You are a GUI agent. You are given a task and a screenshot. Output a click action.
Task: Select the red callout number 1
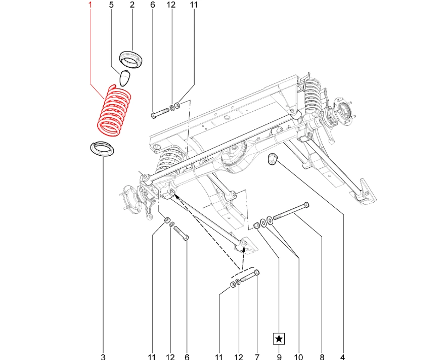tap(91, 5)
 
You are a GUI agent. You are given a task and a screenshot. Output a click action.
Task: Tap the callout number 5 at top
tap(111, 5)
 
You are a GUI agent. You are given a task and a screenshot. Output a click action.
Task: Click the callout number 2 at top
tap(132, 5)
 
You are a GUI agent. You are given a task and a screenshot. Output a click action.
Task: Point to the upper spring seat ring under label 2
tap(132, 59)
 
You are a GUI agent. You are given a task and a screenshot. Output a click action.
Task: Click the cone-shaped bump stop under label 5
tap(125, 78)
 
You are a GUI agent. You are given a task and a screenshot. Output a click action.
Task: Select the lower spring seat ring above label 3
tap(102, 149)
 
